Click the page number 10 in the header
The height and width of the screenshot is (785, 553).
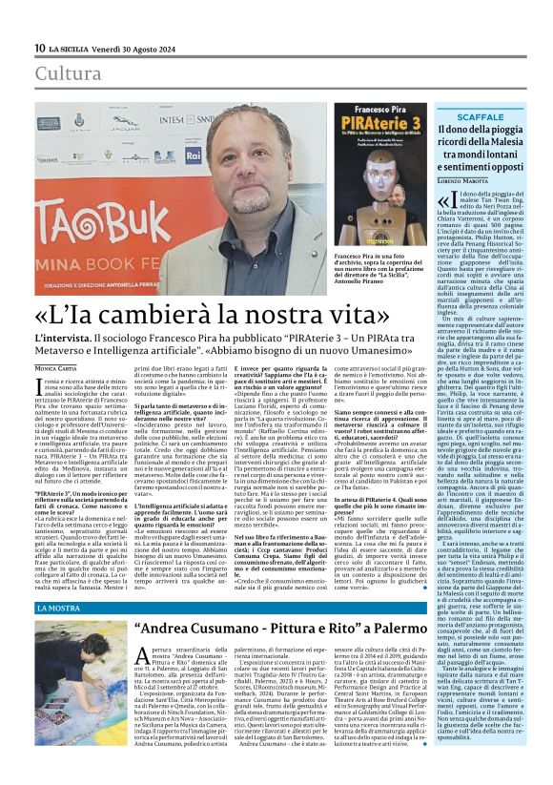tap(41, 48)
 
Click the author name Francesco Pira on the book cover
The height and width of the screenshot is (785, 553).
tap(382, 110)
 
